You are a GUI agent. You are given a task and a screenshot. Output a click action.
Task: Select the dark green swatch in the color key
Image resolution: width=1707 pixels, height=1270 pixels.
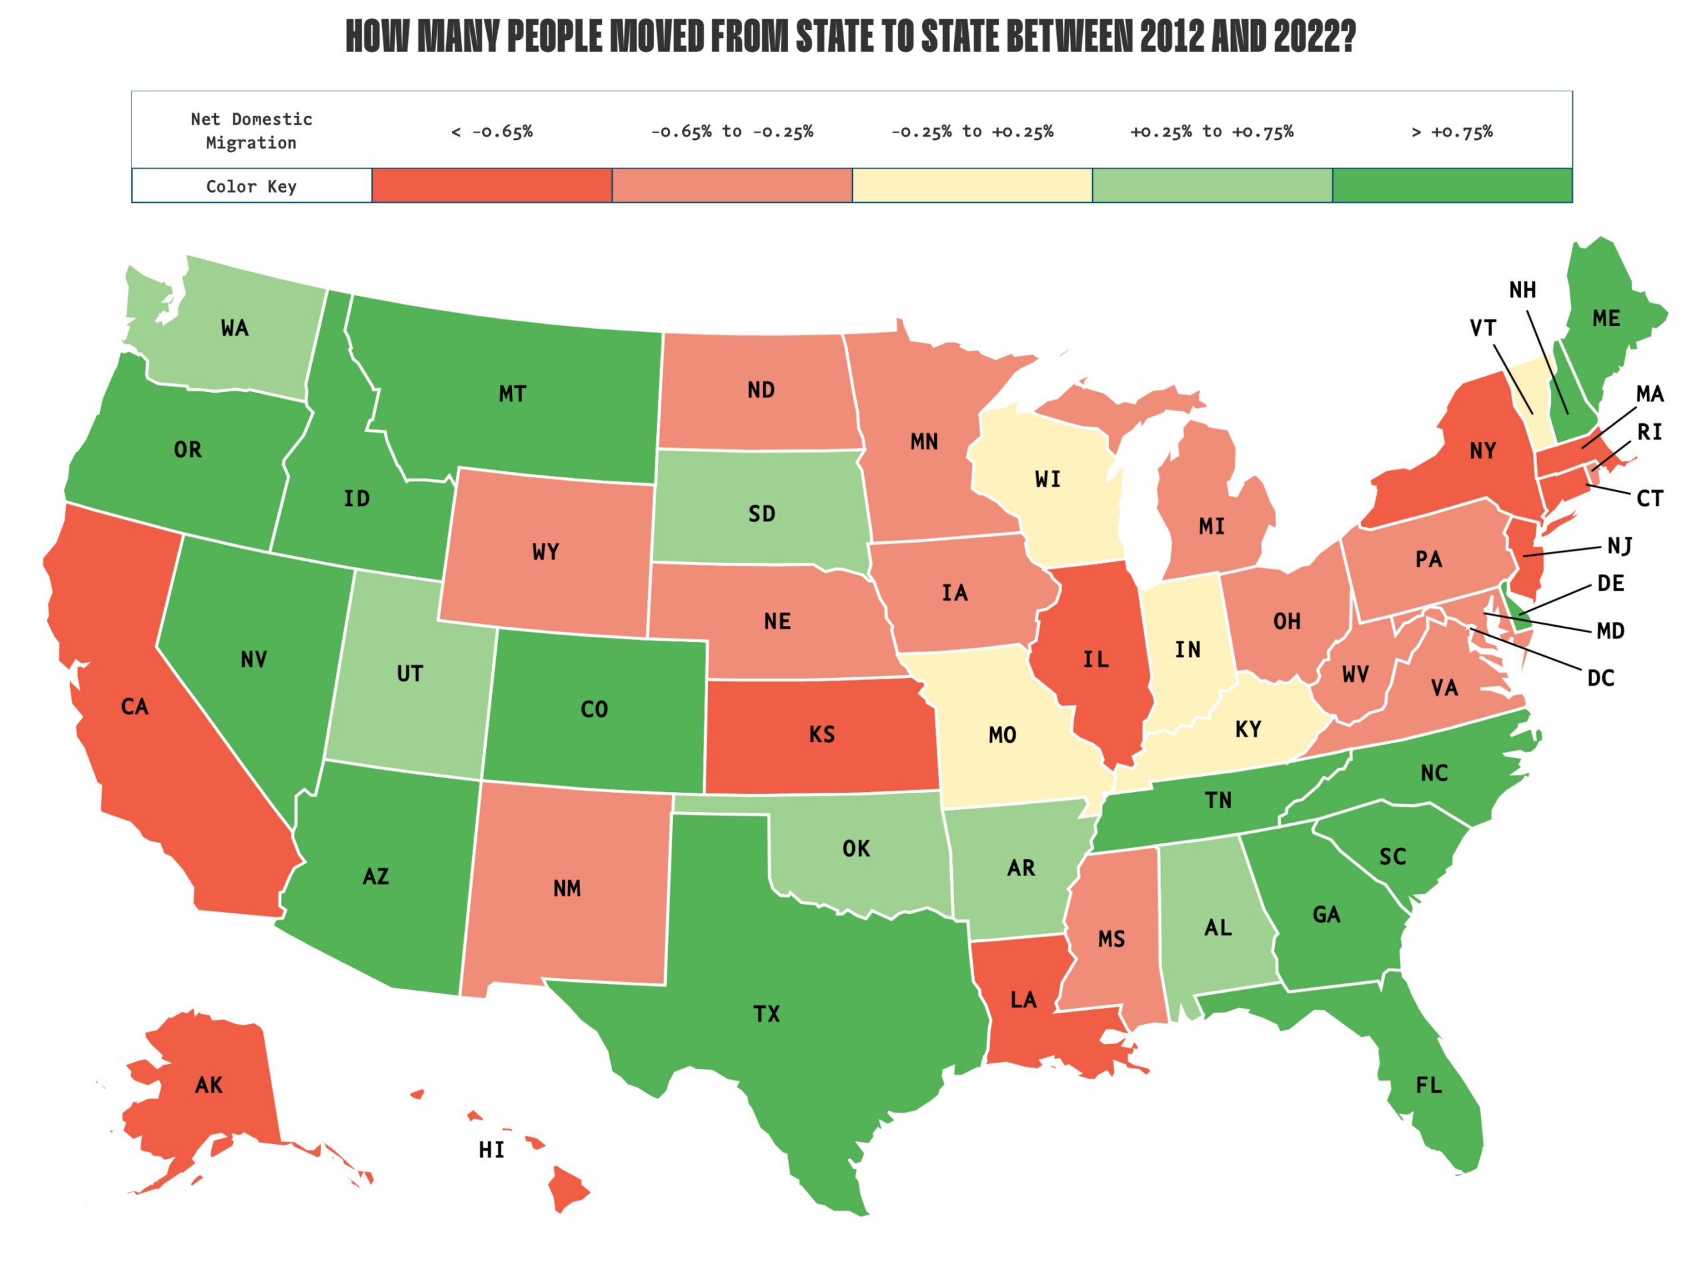[1451, 185]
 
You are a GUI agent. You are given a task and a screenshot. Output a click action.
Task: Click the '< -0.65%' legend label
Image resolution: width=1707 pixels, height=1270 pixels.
[491, 131]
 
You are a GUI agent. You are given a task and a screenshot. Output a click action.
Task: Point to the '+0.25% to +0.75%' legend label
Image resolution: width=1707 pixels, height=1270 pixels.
[1211, 131]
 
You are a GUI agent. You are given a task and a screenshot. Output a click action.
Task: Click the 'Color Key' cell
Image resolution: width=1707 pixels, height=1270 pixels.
[251, 186]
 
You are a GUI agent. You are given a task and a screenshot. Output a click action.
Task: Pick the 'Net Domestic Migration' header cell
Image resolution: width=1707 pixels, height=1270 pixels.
[251, 130]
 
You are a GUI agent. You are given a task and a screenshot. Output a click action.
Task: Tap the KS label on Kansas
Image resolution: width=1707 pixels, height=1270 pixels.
[821, 734]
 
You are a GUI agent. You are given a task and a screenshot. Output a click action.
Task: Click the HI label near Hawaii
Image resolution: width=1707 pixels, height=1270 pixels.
[491, 1150]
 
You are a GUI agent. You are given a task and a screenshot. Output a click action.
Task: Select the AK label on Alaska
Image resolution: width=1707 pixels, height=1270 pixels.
[209, 1085]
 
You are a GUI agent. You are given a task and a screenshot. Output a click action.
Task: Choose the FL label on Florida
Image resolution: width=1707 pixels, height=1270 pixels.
[1428, 1085]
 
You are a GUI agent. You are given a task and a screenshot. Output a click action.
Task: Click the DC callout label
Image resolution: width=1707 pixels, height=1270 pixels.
[1600, 678]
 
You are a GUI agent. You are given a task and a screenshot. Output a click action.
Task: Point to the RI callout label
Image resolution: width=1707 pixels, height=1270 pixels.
[1648, 432]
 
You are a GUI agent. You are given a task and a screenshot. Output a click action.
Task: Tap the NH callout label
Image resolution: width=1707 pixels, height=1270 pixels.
[1522, 290]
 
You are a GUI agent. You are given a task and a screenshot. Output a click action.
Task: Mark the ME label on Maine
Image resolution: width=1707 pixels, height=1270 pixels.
[1606, 318]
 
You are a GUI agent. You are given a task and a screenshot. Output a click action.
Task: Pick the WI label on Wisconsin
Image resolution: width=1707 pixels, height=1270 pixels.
[1048, 479]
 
